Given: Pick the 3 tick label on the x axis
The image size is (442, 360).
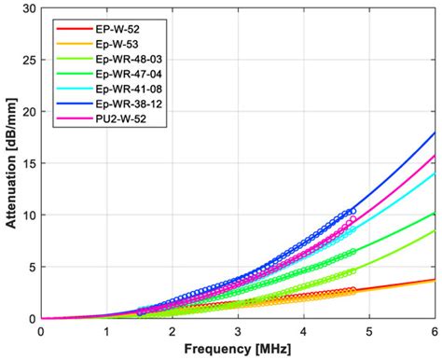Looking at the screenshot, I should [x=239, y=330].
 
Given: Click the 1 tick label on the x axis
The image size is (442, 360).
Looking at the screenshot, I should [x=106, y=330].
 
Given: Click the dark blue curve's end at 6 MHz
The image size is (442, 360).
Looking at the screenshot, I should [x=435, y=132].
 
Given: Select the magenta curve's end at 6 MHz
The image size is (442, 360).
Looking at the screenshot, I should [x=435, y=156].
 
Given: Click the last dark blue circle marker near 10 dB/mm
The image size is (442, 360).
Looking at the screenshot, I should [x=352, y=212].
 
